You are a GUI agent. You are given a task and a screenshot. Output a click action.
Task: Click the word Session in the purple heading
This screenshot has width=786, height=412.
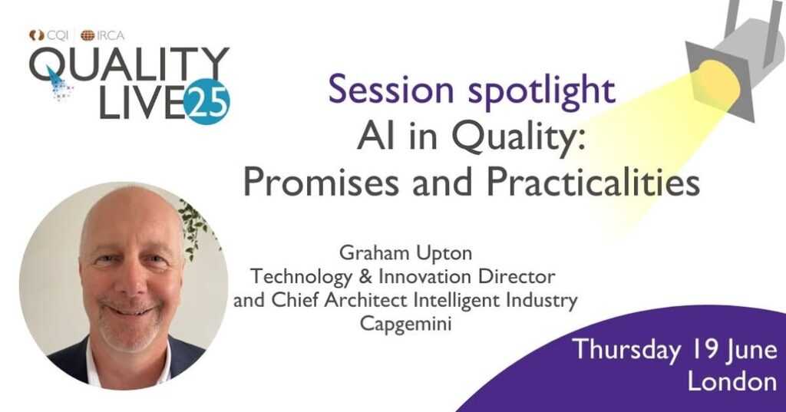click(391, 89)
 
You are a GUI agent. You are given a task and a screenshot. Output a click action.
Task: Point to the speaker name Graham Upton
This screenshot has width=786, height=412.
click(405, 253)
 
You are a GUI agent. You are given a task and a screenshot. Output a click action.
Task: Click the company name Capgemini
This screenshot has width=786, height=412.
click(405, 324)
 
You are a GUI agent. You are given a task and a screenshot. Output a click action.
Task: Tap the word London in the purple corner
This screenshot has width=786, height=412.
click(732, 381)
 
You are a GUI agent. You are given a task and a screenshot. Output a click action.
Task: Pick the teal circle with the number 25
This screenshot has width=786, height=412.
click(206, 101)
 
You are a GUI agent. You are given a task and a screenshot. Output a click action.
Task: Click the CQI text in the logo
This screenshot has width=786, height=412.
click(58, 35)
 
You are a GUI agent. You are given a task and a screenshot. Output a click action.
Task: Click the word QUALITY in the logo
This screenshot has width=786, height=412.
click(129, 64)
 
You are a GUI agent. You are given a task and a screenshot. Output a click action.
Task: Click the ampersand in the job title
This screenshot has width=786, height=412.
click(366, 277)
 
